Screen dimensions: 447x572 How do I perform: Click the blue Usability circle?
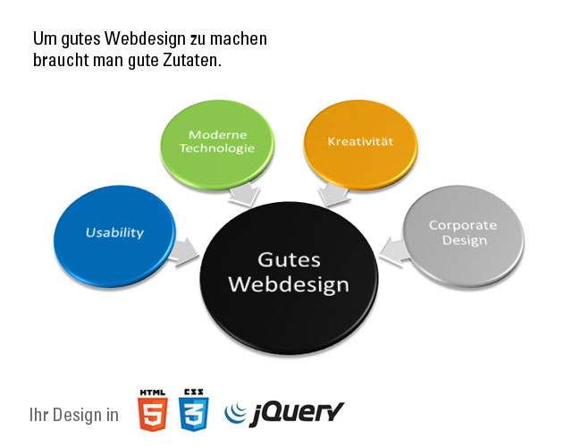[114, 234]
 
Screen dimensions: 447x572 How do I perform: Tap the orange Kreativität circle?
[360, 143]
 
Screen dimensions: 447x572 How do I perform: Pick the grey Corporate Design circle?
[463, 234]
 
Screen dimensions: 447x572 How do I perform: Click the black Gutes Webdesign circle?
[289, 273]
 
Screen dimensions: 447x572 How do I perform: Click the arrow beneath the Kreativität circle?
[334, 193]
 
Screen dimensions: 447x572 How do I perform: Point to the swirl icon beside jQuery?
[235, 412]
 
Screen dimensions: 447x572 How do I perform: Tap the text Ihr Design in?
[74, 415]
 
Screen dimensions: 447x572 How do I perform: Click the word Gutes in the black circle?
[289, 259]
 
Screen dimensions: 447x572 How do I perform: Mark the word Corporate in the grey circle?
[463, 225]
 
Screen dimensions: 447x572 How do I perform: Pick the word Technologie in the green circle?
[217, 148]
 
